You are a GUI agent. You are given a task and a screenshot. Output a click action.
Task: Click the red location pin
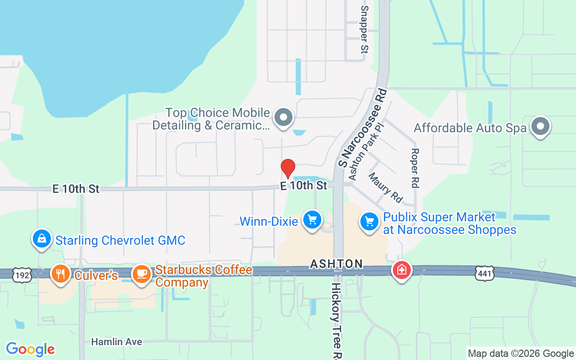[288, 169]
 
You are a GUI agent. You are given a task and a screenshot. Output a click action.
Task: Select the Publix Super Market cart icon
[370, 222]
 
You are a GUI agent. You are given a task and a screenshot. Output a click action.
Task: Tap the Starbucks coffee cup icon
[142, 274]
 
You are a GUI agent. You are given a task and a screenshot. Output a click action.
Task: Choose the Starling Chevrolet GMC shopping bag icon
[41, 238]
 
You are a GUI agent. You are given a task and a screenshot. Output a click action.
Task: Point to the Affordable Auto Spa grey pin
[540, 126]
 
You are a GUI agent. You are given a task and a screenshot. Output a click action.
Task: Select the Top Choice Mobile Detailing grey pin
[283, 117]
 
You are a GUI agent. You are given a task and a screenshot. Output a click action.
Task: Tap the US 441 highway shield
[484, 272]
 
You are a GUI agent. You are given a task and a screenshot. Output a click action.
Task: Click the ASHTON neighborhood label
[336, 264]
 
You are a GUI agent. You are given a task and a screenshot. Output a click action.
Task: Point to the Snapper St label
[364, 30]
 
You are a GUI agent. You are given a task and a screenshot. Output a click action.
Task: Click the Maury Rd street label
[385, 187]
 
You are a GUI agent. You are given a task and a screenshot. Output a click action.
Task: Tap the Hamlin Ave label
[117, 342]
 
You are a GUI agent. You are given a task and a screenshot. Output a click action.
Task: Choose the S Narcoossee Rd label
[362, 128]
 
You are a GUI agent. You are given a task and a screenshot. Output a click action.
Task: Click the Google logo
[30, 349]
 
